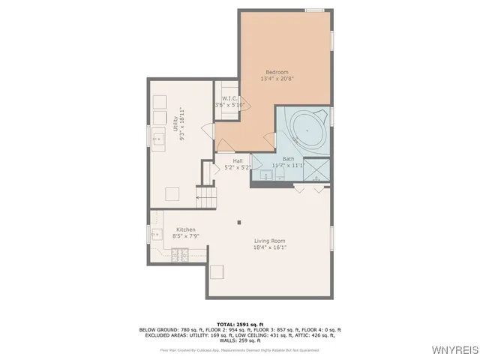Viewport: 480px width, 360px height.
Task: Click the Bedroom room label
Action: click(277, 72)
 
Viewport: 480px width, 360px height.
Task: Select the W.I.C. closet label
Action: click(229, 98)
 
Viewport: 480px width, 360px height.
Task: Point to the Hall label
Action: click(237, 160)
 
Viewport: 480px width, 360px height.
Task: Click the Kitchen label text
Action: click(186, 229)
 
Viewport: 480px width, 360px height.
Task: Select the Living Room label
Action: click(270, 240)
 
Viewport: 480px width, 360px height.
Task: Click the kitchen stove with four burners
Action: click(180, 254)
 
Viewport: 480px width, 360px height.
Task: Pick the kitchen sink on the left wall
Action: click(157, 235)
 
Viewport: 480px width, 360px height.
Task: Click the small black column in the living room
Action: click(239, 221)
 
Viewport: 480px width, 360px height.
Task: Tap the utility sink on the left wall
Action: click(158, 138)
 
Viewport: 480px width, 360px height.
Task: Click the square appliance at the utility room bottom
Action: click(173, 194)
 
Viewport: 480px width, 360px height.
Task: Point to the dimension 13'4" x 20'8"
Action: click(277, 79)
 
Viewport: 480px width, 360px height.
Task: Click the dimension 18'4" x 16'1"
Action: click(270, 247)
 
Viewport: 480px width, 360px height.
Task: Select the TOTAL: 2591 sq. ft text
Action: click(239, 324)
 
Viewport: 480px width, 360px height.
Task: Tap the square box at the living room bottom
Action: click(217, 271)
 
